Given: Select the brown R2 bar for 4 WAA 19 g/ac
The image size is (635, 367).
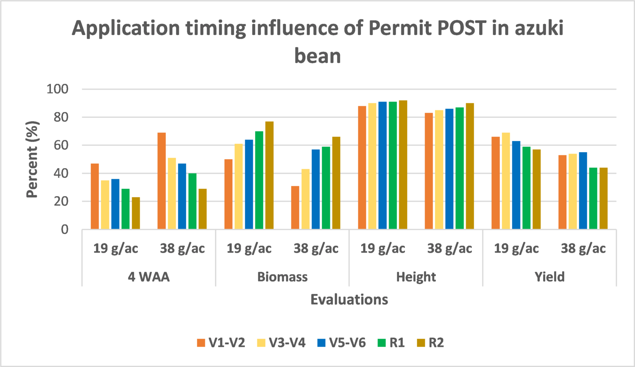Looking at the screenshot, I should (x=136, y=213).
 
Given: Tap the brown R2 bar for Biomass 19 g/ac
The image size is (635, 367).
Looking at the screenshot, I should (x=270, y=175).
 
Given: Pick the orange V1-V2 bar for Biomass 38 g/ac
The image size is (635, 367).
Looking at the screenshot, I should (x=295, y=207).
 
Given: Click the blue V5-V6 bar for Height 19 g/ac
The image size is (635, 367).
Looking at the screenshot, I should (x=382, y=165).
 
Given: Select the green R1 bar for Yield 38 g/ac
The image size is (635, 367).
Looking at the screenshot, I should (x=593, y=198).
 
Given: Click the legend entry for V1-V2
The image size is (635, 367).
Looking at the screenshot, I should (x=221, y=343).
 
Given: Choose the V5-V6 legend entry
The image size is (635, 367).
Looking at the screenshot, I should (x=341, y=343).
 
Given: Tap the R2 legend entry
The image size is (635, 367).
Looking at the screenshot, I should (x=430, y=343).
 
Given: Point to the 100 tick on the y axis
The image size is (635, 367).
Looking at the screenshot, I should (x=57, y=89).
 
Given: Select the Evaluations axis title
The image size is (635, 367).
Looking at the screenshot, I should (x=349, y=299).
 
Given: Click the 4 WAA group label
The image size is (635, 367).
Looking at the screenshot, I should (x=148, y=276).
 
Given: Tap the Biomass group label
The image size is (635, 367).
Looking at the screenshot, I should (x=282, y=276).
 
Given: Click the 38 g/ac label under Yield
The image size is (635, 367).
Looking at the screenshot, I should (x=583, y=248).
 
